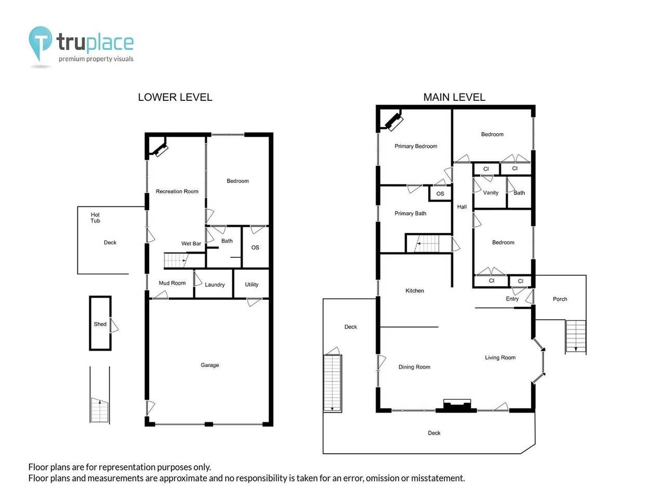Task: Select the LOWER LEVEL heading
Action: [175, 97]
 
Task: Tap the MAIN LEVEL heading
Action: [454, 97]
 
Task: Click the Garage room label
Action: [210, 365]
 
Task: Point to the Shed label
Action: [100, 324]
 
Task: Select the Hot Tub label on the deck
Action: [95, 218]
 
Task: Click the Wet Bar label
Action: [191, 244]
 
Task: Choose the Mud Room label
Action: [172, 283]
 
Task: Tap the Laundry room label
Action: [215, 285]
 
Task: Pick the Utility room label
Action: [251, 285]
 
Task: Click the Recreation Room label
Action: [177, 192]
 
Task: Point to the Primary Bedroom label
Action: [416, 147]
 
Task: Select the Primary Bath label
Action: [410, 214]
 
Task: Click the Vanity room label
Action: [490, 193]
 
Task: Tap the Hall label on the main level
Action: [462, 207]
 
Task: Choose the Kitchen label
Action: [415, 291]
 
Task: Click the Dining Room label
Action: [414, 367]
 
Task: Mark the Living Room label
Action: [500, 358]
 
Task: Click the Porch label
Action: [560, 299]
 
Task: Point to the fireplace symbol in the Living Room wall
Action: [457, 405]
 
